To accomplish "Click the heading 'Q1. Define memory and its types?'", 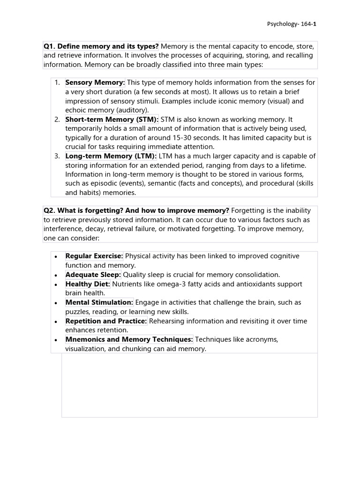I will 101,46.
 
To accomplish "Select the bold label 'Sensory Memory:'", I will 95,82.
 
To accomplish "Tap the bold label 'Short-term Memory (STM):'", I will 112,120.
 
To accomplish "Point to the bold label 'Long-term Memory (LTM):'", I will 111,156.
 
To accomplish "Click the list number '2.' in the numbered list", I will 57,120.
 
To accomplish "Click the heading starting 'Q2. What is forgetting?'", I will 136,211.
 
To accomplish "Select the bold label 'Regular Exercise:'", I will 94,256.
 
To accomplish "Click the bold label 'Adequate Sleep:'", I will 93,275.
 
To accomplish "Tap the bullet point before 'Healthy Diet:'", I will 56,285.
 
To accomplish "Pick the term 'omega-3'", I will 199,284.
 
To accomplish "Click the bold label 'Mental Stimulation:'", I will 99,302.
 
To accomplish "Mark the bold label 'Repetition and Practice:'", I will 106,321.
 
